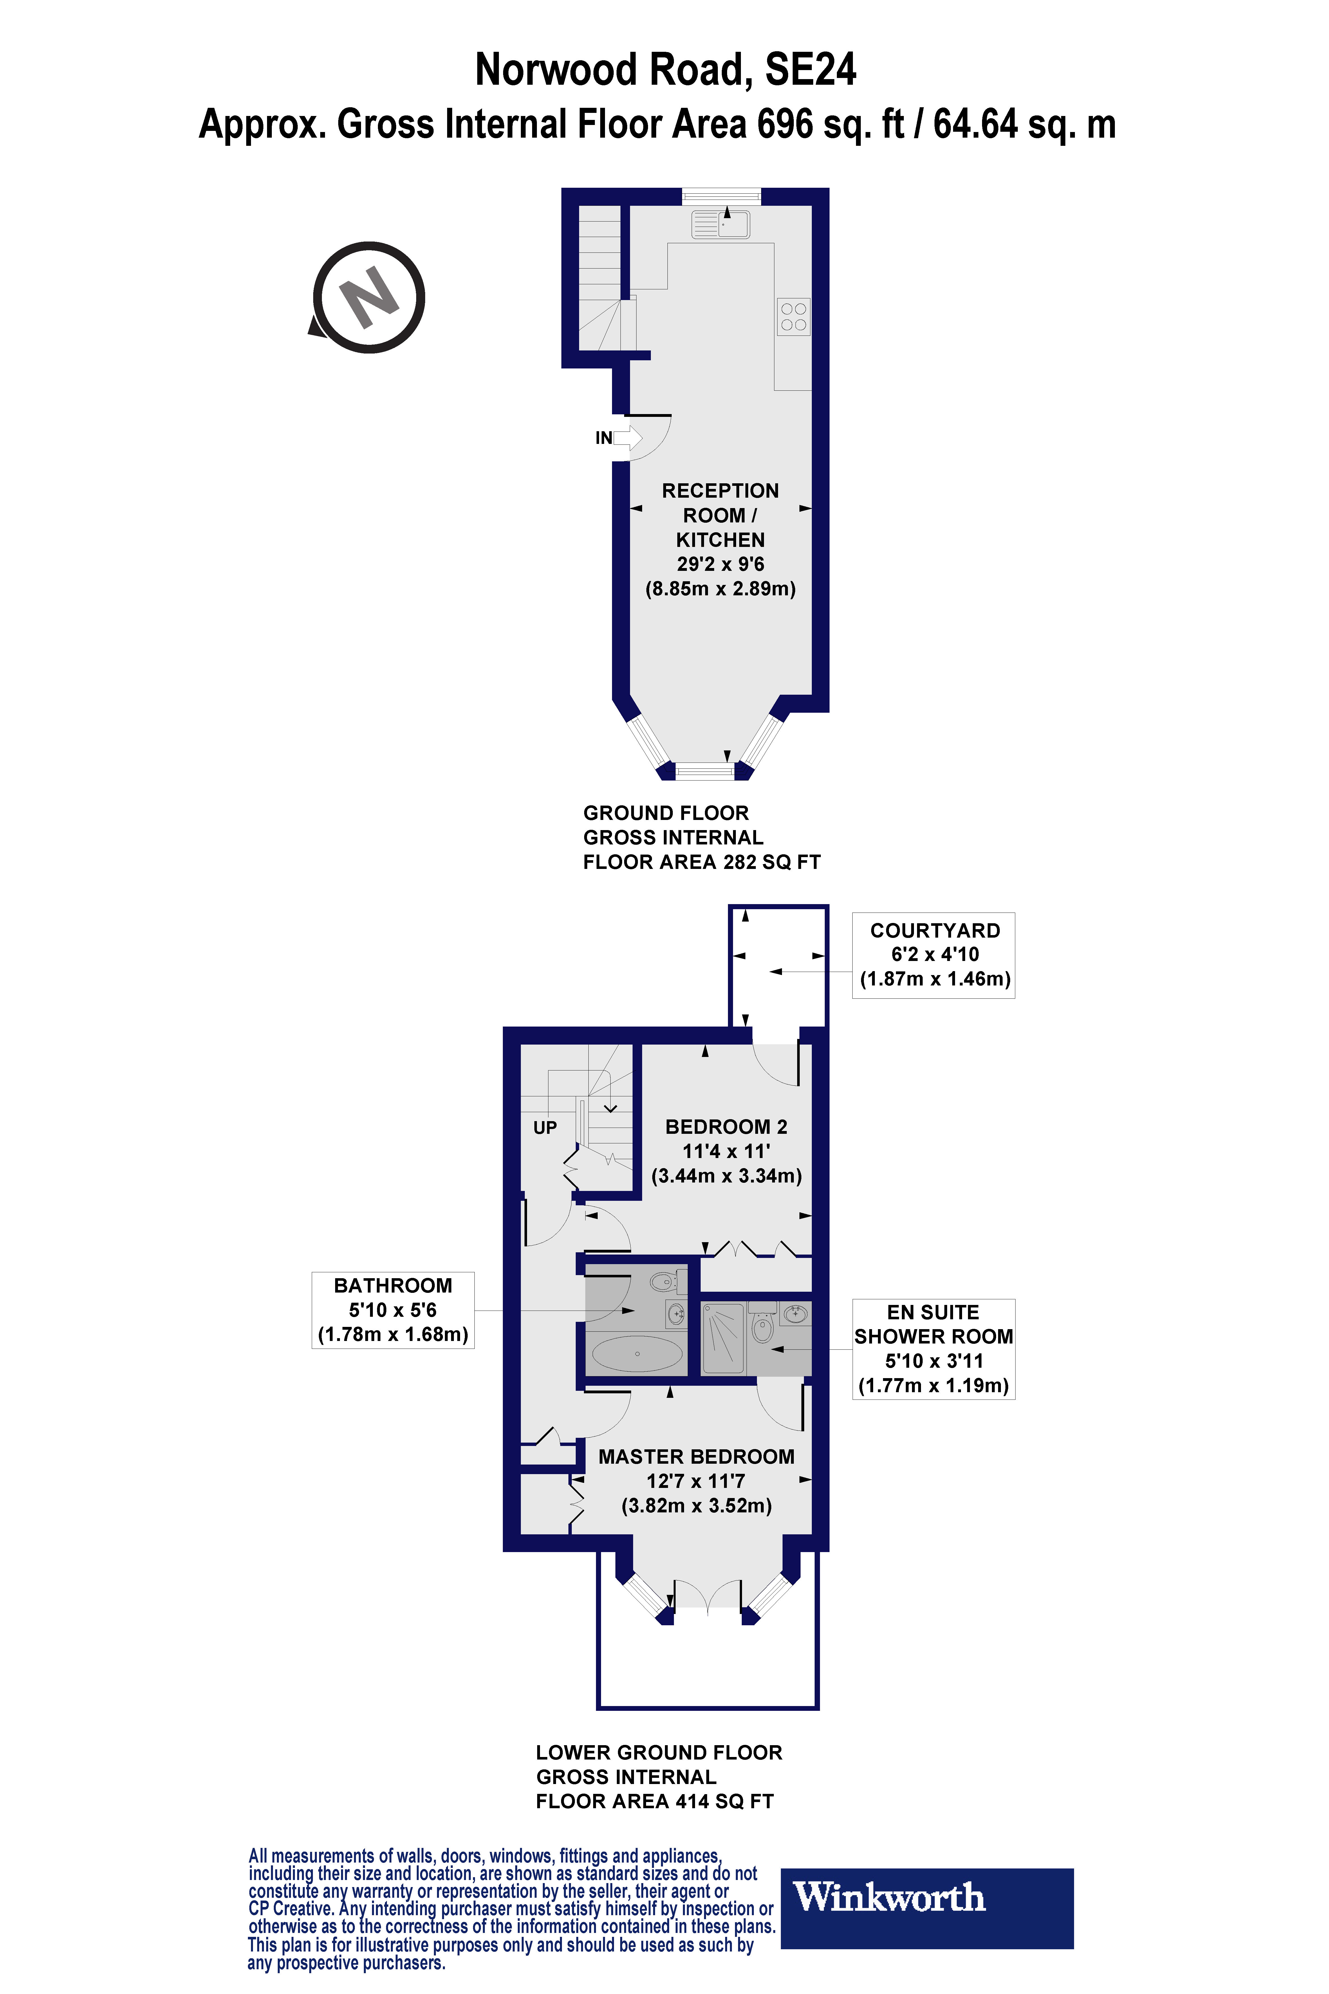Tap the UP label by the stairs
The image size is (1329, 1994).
point(545,1128)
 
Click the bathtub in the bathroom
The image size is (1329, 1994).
point(637,1354)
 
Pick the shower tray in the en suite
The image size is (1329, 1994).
point(722,1338)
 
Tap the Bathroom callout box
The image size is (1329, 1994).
point(393,1310)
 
